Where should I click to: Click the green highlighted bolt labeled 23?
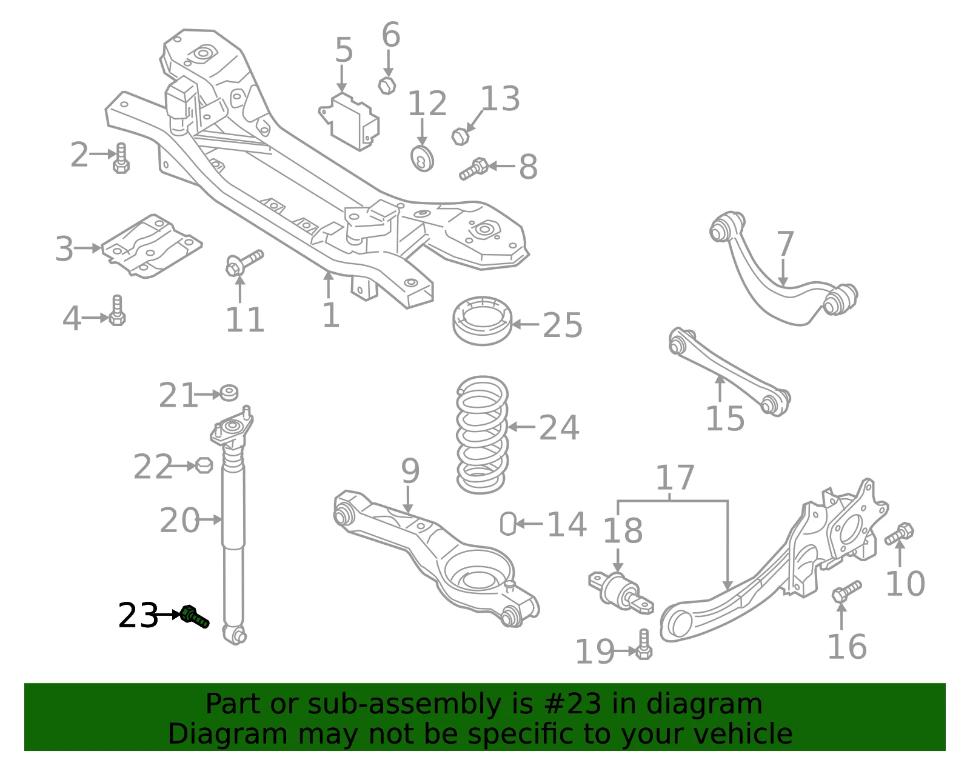(194, 616)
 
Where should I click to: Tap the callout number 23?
(138, 616)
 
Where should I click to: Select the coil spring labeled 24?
(482, 435)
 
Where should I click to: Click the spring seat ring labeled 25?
(482, 320)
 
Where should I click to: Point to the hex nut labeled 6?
(387, 85)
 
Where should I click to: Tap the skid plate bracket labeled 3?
(152, 246)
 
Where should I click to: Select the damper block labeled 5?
(350, 122)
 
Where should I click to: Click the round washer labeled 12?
(422, 159)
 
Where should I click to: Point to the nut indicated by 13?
(460, 136)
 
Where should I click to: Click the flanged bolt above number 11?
(244, 262)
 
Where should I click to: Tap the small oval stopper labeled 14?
(508, 523)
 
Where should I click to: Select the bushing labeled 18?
(621, 593)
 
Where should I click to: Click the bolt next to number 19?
(643, 644)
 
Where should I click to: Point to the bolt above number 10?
(899, 533)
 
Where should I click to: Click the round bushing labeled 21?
(229, 393)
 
